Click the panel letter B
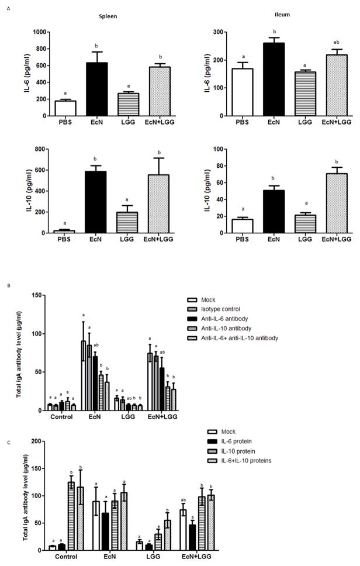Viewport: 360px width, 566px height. click(x=8, y=286)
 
